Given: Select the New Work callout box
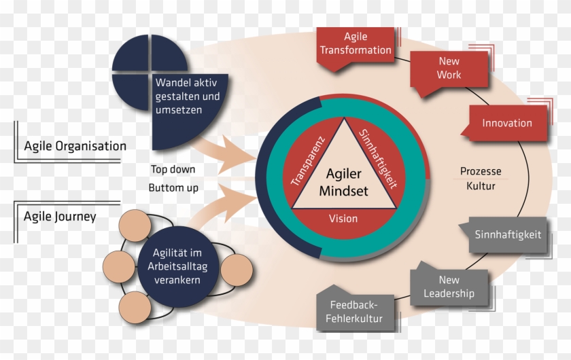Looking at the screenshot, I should tap(449, 68).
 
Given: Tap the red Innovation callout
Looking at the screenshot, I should tap(507, 123).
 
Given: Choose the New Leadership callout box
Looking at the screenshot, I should tap(449, 287).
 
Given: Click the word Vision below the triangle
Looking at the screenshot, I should tap(343, 219).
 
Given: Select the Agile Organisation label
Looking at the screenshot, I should tap(75, 146).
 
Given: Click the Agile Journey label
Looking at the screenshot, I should tap(60, 217).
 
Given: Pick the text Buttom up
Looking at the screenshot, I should tap(173, 187).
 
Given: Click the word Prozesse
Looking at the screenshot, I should tap(481, 171).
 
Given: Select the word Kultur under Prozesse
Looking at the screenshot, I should tap(481, 185).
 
